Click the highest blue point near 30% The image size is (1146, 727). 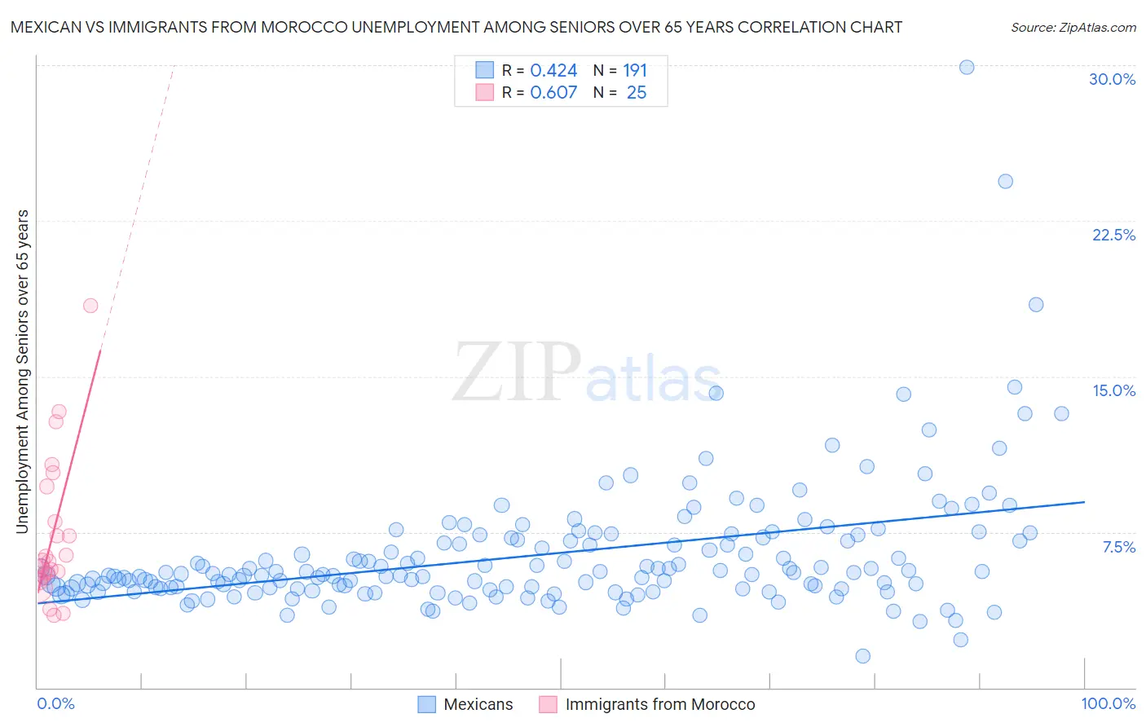967,67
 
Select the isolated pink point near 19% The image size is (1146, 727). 90,306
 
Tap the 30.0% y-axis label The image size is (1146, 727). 1112,79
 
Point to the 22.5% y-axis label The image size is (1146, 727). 1113,235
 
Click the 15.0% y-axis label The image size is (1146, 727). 1113,390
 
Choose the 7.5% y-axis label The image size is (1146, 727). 1118,547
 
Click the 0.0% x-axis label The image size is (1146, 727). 55,703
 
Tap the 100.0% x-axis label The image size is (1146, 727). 1108,703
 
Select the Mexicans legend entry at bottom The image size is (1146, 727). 465,704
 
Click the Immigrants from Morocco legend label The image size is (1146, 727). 659,704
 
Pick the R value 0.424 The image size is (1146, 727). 553,71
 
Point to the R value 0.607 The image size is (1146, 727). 553,93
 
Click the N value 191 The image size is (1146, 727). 635,71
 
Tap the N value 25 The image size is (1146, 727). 637,93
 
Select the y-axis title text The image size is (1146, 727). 23,372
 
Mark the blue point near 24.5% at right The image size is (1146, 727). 1005,181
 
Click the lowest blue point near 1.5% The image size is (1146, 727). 862,656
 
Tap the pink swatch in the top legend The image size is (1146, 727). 485,92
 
